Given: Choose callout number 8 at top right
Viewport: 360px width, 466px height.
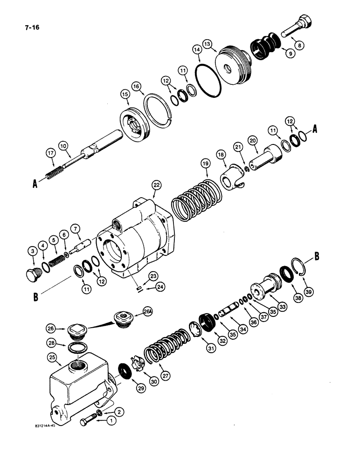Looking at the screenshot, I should pyautogui.click(x=298, y=45).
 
